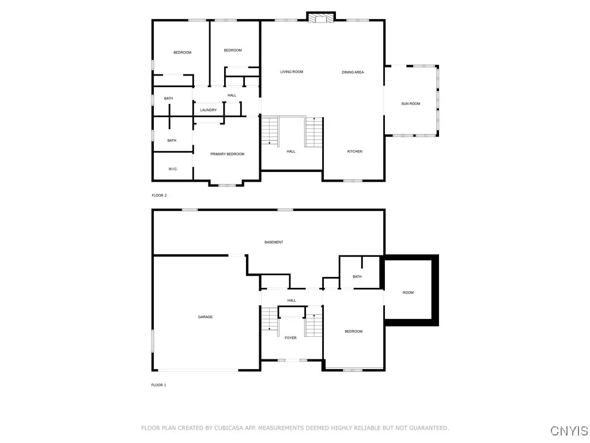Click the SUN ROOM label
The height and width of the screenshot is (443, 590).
tap(410, 104)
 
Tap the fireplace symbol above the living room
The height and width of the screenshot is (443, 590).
tap(320, 18)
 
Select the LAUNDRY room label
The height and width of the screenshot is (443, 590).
tap(208, 110)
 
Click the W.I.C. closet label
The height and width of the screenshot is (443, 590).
tap(172, 169)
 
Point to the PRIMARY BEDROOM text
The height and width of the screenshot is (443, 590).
tap(227, 154)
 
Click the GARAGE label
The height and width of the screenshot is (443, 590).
tap(205, 317)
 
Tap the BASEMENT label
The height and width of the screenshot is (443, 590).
tap(274, 242)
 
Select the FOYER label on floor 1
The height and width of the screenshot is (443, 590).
tap(290, 337)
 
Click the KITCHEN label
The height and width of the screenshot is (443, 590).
tap(354, 151)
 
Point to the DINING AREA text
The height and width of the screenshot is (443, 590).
tap(353, 72)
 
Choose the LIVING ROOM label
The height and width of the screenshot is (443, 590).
tap(292, 72)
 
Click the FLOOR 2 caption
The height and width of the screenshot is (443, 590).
tap(159, 196)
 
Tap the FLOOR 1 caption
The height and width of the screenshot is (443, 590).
tap(158, 385)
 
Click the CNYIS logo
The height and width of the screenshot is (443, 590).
tap(569, 431)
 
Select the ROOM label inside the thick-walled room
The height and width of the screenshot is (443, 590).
tap(408, 292)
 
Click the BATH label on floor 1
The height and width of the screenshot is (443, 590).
tap(357, 277)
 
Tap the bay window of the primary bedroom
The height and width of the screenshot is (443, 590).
tap(226, 185)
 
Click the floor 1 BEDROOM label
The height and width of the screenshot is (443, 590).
tap(353, 331)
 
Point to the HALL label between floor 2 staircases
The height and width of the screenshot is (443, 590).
tap(291, 151)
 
